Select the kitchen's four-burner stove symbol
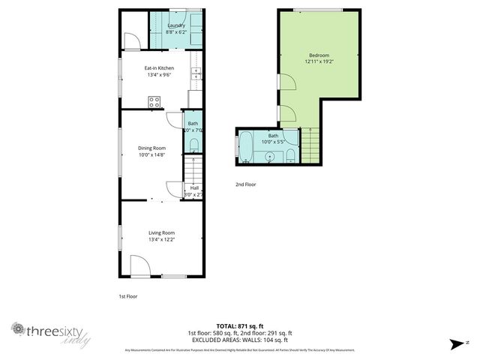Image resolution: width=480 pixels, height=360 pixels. click(x=155, y=102)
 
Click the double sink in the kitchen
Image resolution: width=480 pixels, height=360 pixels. click(x=196, y=74)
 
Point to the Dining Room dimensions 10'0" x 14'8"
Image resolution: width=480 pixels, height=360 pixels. click(x=151, y=154)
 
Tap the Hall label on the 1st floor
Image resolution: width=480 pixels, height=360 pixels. click(x=194, y=187)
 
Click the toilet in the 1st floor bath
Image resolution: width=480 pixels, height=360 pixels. click(x=194, y=144)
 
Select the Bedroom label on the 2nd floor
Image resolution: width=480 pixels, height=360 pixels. click(x=318, y=55)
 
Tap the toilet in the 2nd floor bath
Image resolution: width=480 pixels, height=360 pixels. click(x=291, y=155)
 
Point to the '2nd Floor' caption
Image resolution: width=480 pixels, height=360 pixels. click(x=246, y=183)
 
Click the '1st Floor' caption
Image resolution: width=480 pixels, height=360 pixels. click(x=127, y=296)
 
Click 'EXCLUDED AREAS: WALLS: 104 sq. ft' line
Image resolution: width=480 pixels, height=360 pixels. click(x=239, y=339)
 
